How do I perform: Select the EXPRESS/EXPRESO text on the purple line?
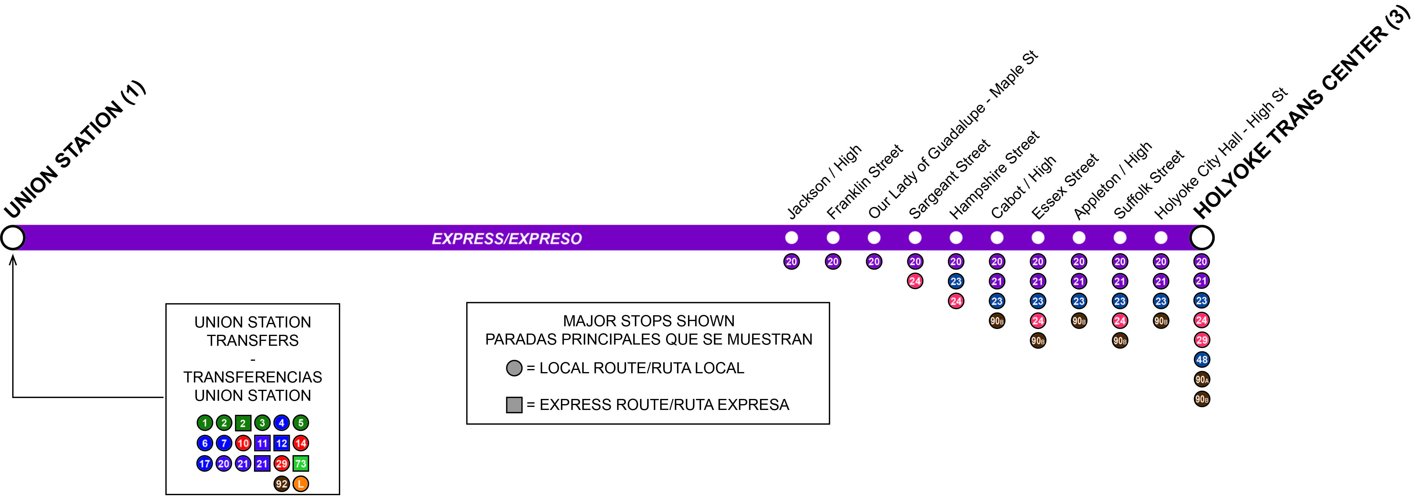point(507,239)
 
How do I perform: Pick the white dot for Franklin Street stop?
point(833,238)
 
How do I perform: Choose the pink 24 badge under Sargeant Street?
point(915,281)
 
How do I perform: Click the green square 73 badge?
point(301,463)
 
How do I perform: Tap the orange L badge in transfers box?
point(301,484)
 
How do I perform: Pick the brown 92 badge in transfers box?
point(282,484)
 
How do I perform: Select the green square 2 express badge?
point(243,423)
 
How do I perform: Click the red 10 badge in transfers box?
point(243,443)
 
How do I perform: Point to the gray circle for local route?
point(514,368)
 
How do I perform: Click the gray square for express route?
point(514,405)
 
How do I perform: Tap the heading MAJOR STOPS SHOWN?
point(649,320)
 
